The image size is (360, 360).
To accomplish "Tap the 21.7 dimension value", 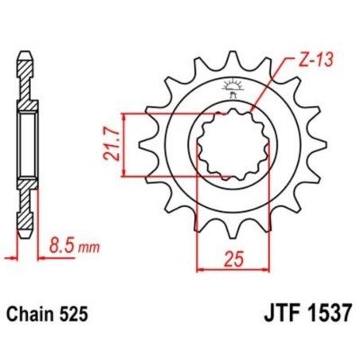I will (x=114, y=144).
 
